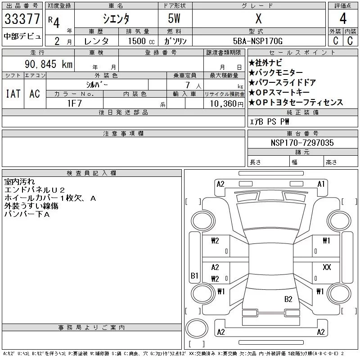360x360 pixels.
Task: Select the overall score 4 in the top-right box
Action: [343, 19]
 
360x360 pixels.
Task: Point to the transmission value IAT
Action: [13, 94]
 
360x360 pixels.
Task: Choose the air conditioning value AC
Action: [35, 94]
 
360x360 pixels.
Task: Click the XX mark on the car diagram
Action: [327, 267]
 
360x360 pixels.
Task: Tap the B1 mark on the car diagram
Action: [194, 275]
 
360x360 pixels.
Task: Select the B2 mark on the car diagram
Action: [288, 299]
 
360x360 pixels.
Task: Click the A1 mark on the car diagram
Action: [321, 184]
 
